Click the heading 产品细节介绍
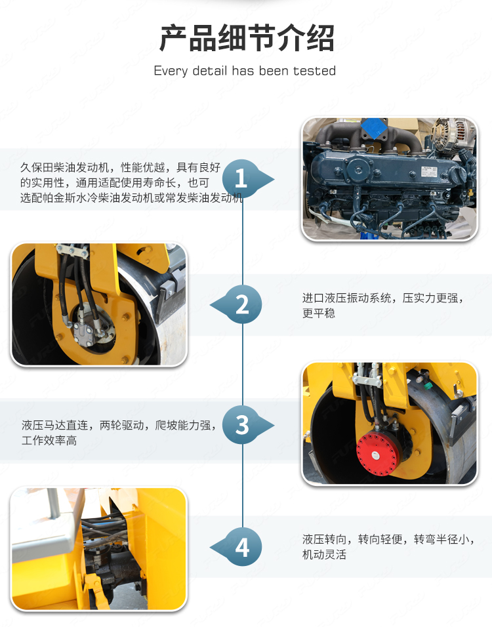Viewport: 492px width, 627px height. coord(247,38)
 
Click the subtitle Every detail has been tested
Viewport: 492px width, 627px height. coord(245,71)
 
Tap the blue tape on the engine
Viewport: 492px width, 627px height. coord(374,128)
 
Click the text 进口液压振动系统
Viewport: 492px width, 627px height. coord(347,298)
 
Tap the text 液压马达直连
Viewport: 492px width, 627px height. coord(55,425)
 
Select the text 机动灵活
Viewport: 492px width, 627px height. coord(325,554)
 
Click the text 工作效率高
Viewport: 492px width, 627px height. coord(49,440)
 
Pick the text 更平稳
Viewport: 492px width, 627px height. coord(319,313)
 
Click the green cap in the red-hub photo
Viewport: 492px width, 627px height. coord(428,386)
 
